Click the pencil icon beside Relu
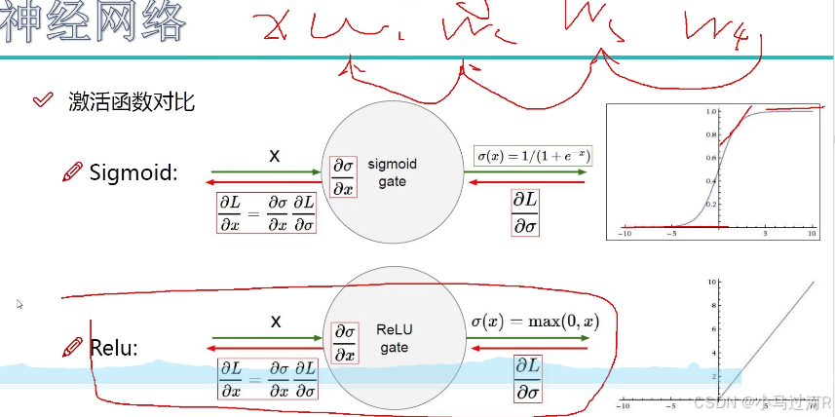coord(72,347)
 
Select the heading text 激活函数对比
coord(132,100)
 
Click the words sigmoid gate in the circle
coord(393,173)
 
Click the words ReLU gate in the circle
coord(394,339)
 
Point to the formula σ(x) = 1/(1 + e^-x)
coord(533,156)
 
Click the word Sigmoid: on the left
coord(133,173)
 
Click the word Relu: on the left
coord(113,348)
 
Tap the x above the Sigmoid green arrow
coord(275,155)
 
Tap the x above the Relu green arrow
coord(276,321)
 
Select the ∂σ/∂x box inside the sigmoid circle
coord(344,176)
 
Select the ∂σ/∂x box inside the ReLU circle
coord(344,342)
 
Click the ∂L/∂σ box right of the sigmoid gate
coord(525,211)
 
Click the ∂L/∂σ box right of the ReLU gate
coord(529,379)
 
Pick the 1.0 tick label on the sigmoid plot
coord(710,111)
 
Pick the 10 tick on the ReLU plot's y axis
coord(712,282)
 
